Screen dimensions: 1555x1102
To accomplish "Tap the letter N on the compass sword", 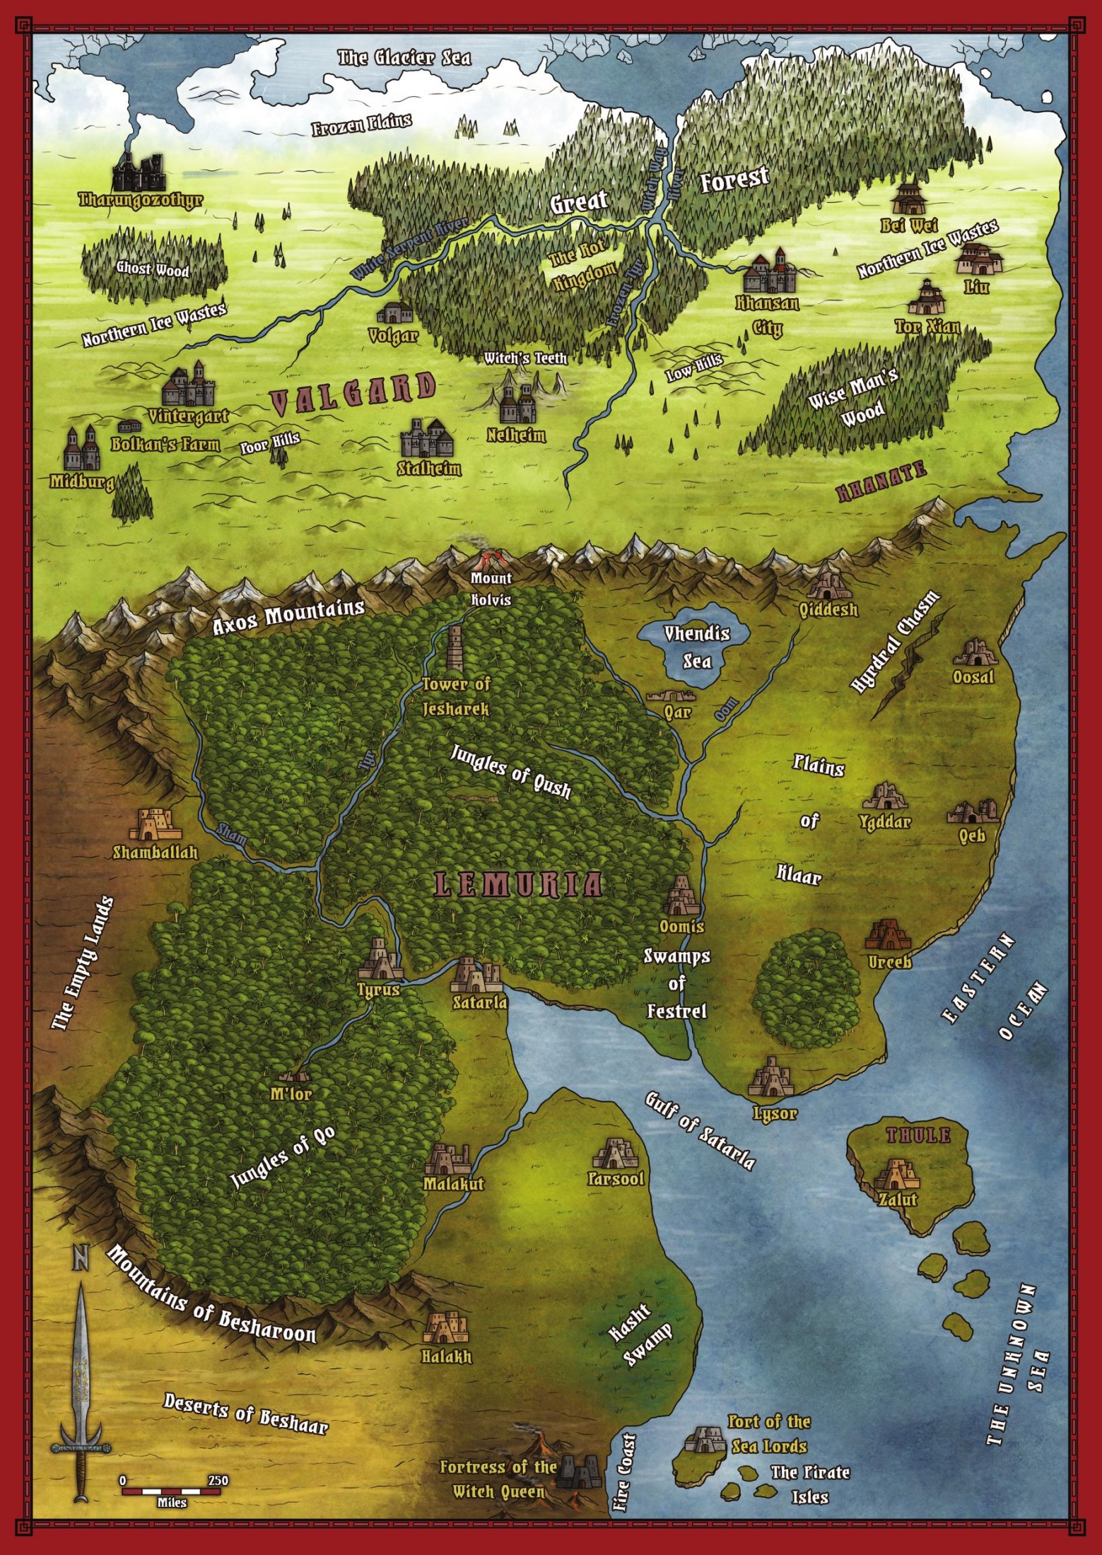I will (x=81, y=1257).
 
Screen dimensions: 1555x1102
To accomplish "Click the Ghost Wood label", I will (x=153, y=269).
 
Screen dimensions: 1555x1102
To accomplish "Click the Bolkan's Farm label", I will (x=165, y=445).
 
